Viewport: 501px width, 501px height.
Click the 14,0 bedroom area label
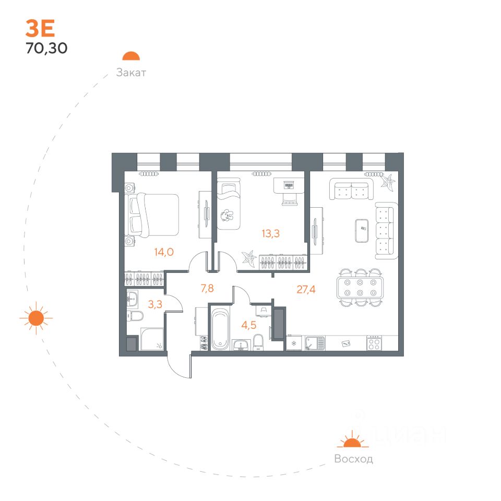tap(163, 252)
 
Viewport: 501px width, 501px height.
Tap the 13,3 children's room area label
tap(271, 233)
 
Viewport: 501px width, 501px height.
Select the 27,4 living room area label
tap(307, 290)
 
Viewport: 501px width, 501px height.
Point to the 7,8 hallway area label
tap(208, 287)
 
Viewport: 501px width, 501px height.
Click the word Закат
tap(131, 73)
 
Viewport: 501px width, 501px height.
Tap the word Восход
tap(353, 459)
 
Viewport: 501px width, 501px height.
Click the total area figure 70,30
tap(46, 49)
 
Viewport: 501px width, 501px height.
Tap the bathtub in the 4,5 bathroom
tap(220, 328)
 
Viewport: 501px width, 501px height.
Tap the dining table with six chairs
tap(361, 288)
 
